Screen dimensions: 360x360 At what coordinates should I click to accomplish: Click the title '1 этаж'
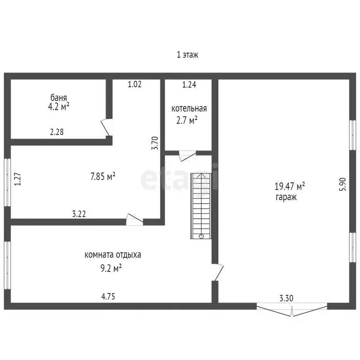187,55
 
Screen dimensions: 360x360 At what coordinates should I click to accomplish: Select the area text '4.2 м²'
60,107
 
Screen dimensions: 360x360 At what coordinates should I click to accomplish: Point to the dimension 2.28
57,132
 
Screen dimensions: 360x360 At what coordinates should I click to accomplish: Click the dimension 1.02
135,85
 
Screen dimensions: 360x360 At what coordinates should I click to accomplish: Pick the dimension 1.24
189,85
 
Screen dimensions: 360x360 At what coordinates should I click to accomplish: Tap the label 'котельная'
189,109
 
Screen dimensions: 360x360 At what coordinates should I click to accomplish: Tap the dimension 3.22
79,214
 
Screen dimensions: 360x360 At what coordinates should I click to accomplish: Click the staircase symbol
201,206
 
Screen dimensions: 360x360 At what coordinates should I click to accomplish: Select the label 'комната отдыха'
112,255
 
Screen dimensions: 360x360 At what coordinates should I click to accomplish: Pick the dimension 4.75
108,296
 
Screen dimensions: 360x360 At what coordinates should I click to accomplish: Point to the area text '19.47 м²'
289,187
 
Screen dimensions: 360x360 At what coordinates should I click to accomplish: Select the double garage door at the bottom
292,310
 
